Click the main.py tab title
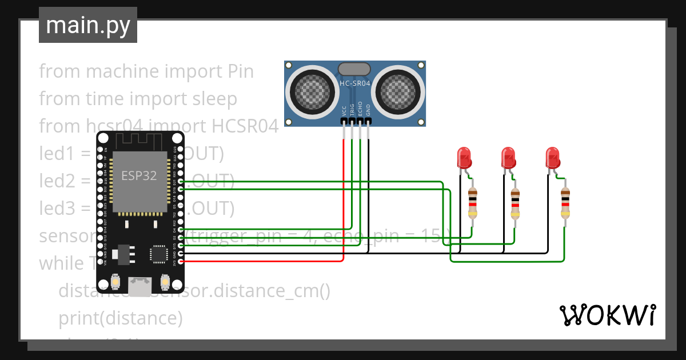88,25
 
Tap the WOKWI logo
607,315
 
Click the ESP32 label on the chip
139,175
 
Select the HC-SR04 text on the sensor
355,83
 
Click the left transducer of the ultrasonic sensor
312,90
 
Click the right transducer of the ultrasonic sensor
398,90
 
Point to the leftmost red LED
464,157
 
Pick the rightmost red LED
552,157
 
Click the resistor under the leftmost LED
472,203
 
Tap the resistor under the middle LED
516,203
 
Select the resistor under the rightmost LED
565,203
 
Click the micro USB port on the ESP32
140,286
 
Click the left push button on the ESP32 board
115,282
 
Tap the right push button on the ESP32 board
165,282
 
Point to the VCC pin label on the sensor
344,110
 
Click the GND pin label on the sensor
368,110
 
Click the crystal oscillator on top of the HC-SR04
354,69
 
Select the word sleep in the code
214,99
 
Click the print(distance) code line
121,318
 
